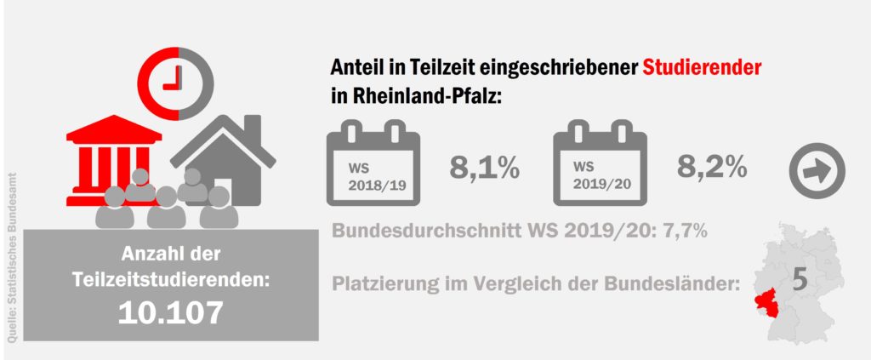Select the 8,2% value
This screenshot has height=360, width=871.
tap(712, 169)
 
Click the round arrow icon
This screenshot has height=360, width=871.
tap(817, 169)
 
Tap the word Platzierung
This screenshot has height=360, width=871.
tap(380, 283)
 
